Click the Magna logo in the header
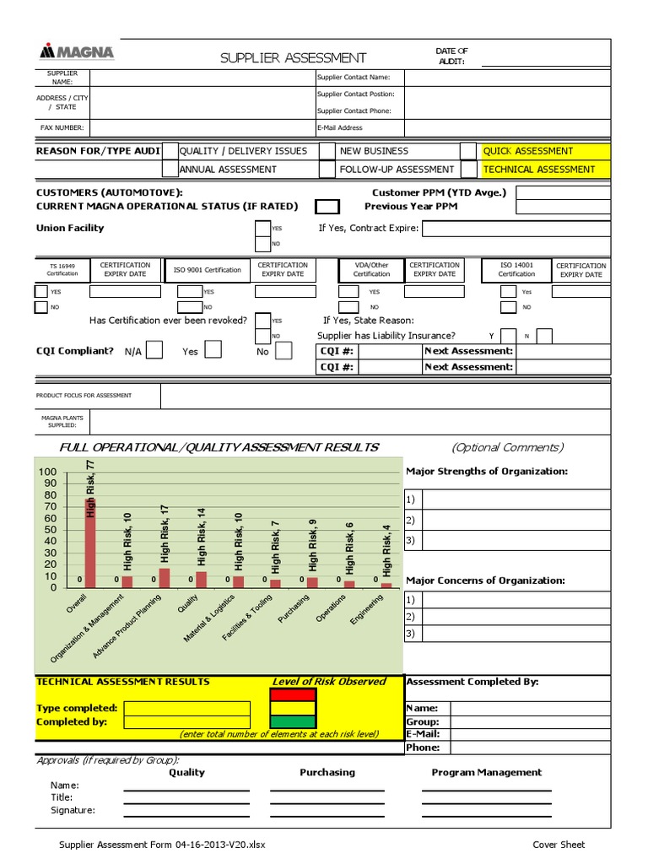(x=77, y=52)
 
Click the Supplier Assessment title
(x=293, y=58)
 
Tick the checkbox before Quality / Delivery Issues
(x=170, y=151)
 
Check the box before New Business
(x=327, y=151)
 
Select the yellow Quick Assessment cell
(x=544, y=151)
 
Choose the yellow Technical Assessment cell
(x=544, y=169)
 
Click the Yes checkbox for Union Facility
(x=262, y=228)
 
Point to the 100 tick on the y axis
(x=46, y=472)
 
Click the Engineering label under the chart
(x=367, y=609)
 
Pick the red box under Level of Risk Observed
(x=292, y=695)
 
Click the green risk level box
(x=292, y=721)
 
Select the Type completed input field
(x=187, y=708)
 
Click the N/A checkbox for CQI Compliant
(x=154, y=351)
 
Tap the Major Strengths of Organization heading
(x=487, y=472)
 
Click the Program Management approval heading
(x=486, y=772)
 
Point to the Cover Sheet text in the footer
(x=559, y=845)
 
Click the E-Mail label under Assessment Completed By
(x=423, y=734)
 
